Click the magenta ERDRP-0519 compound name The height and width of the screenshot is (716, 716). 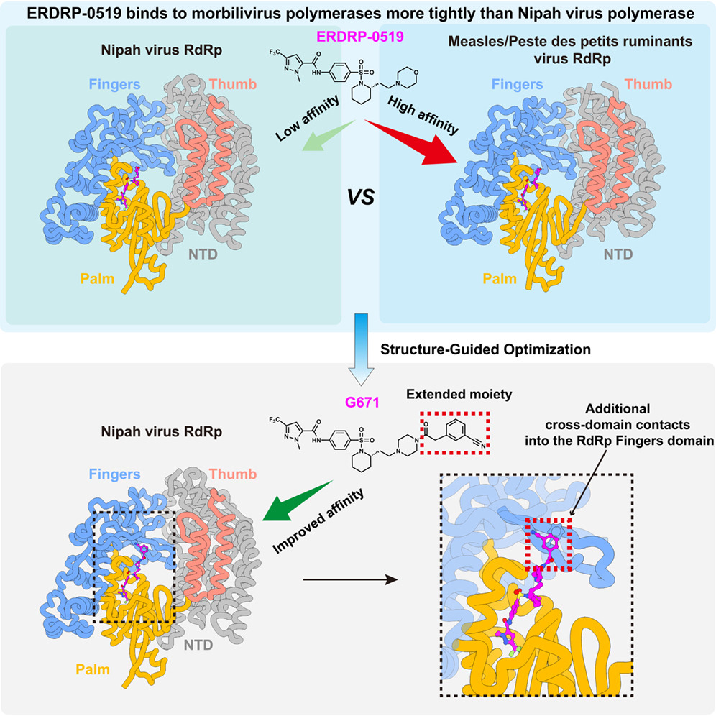(360, 37)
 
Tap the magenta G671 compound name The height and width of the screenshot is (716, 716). (362, 403)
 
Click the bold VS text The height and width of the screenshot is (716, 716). (361, 197)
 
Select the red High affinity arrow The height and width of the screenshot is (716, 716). (411, 142)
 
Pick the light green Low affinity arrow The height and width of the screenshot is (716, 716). (329, 135)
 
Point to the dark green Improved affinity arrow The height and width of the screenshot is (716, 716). (298, 500)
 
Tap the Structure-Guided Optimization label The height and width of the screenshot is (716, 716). (485, 349)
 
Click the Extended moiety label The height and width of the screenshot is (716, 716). (459, 394)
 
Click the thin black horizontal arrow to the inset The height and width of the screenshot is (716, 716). (350, 580)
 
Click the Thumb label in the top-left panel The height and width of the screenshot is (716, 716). (233, 84)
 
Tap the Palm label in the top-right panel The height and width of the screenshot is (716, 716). (500, 278)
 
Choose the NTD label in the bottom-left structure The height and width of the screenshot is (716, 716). (198, 645)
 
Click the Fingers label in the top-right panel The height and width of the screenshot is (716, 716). (517, 84)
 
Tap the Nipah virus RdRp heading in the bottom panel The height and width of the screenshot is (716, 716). (162, 431)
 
